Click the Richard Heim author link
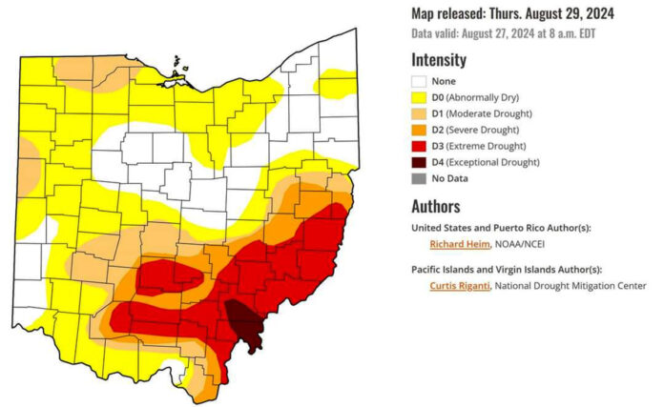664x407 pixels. [459, 244]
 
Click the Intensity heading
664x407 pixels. [439, 60]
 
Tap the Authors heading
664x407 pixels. [436, 206]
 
